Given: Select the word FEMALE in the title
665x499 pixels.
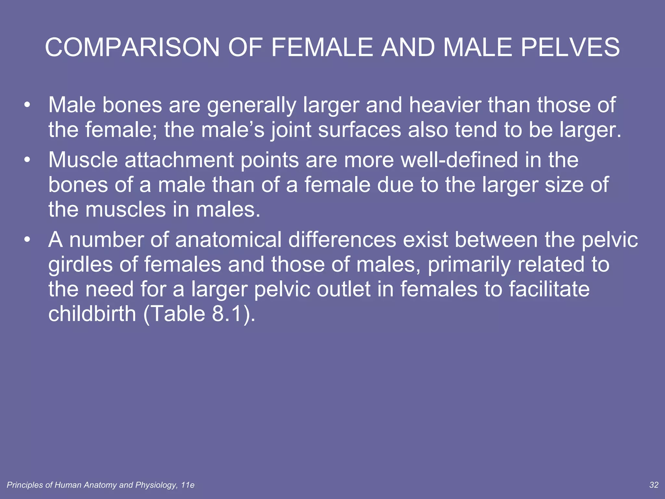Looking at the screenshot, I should coord(322,47).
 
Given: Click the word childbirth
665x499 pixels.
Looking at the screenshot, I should coord(92,314).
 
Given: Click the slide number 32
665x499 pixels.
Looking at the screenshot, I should coord(654,485).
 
